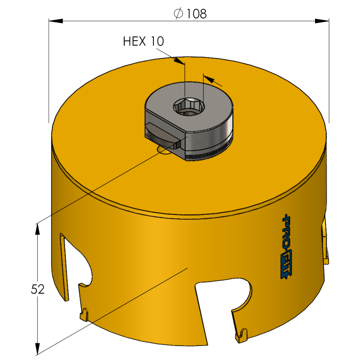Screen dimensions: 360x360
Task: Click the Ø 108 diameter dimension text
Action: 189,13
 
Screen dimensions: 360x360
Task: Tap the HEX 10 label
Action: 144,42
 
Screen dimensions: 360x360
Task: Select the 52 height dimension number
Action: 40,288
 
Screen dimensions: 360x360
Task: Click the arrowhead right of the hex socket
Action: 211,80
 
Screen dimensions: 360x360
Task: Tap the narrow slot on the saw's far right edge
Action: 324,243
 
